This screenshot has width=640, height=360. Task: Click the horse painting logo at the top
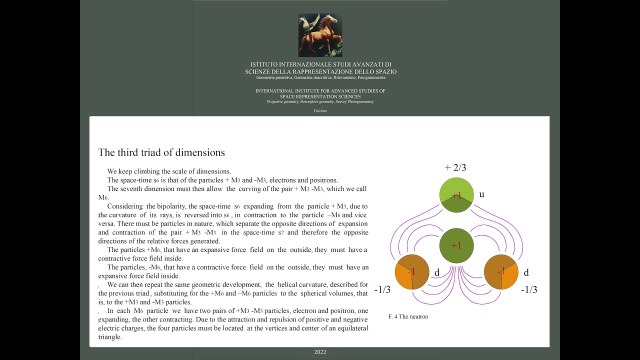point(320,35)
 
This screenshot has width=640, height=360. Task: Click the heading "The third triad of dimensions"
point(161,152)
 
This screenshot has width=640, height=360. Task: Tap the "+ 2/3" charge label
point(455,168)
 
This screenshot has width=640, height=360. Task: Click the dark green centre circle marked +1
point(456,245)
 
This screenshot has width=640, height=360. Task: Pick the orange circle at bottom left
point(412,272)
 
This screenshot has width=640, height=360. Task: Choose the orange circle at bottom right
point(501,272)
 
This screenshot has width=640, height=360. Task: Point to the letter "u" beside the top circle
point(481,194)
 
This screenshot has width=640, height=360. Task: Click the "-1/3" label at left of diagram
point(382,290)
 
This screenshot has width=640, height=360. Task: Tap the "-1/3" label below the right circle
point(529,290)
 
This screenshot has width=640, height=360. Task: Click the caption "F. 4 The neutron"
point(408,316)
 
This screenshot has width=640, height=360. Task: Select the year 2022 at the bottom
point(320,352)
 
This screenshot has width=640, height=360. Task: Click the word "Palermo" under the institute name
point(320,110)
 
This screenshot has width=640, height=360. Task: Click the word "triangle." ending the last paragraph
point(110,337)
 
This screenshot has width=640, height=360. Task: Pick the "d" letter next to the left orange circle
point(436,273)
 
